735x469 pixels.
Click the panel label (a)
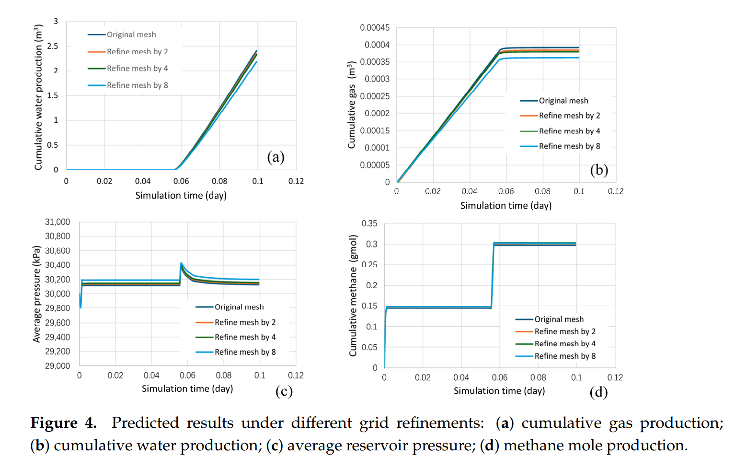[x=276, y=157]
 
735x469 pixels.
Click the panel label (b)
[x=599, y=170]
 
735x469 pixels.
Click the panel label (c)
[x=284, y=391]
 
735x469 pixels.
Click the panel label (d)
[x=598, y=392]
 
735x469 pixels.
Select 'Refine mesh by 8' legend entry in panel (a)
[x=137, y=85]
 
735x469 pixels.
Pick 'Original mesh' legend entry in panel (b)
[x=563, y=101]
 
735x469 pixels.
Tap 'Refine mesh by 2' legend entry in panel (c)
[x=245, y=322]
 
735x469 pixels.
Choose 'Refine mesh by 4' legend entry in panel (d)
[x=565, y=344]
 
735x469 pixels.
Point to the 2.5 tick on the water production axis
[x=53, y=46]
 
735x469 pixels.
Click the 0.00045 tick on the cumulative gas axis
[x=375, y=28]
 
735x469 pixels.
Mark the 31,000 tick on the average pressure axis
[x=57, y=222]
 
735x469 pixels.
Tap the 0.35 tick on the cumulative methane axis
[x=369, y=223]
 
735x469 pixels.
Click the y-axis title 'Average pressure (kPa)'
[x=36, y=293]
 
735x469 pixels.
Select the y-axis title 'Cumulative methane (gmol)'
[x=353, y=295]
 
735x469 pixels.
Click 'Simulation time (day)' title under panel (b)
[x=505, y=206]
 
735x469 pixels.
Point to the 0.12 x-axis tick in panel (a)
[x=296, y=181]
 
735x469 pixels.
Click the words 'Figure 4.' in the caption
[x=63, y=423]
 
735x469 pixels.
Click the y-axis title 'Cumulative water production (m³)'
[x=38, y=98]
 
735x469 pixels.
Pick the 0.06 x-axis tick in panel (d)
[x=499, y=378]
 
